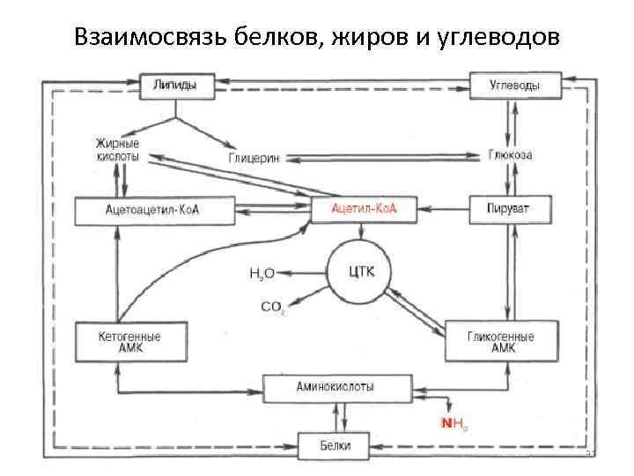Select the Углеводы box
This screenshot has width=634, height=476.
(x=514, y=86)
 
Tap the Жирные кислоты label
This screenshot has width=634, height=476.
(x=117, y=148)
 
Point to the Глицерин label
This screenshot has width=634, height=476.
(x=254, y=158)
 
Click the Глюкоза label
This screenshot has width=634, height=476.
(x=511, y=154)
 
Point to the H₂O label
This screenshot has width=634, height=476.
(x=262, y=274)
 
